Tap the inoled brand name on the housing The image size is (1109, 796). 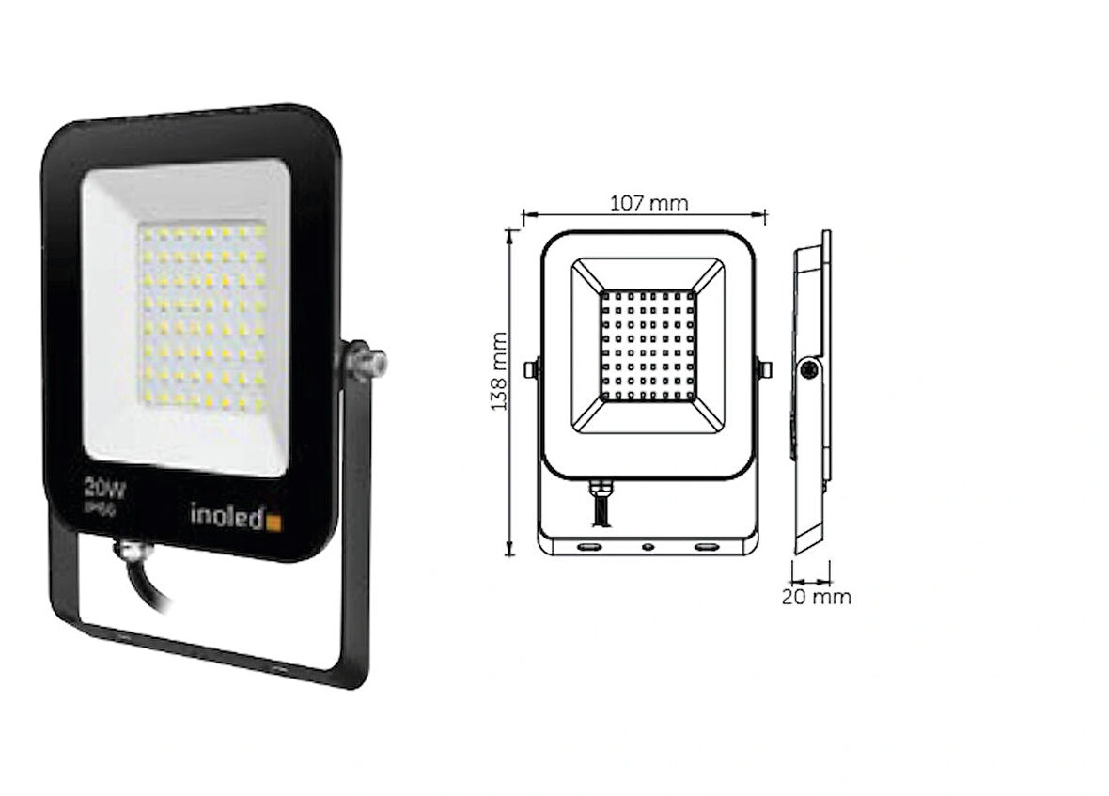click(226, 515)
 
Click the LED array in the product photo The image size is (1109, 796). click(203, 318)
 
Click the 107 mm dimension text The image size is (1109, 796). click(648, 203)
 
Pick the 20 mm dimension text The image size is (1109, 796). click(817, 597)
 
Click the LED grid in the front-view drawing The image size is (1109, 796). click(648, 345)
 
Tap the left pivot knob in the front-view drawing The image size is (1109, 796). click(532, 369)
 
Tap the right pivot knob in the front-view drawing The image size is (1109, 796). click(764, 369)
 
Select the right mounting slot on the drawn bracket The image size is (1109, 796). click(705, 545)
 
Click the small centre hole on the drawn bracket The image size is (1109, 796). click(648, 545)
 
